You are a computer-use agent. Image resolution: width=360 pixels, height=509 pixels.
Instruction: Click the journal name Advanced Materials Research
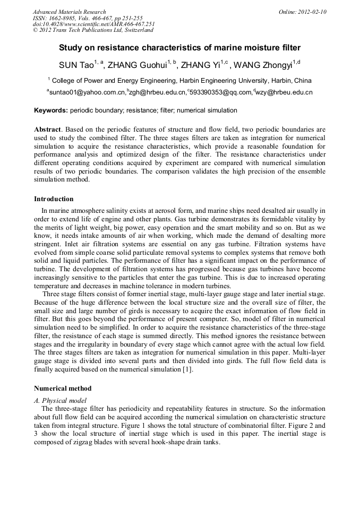point(69,12)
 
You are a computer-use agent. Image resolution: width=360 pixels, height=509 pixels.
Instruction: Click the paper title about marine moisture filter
point(179,48)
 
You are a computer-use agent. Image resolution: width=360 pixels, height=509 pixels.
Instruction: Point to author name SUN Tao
point(76,65)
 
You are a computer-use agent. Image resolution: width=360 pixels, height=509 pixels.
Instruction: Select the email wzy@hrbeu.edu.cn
point(284,92)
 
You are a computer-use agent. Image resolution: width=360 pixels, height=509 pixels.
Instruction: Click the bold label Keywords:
point(51,110)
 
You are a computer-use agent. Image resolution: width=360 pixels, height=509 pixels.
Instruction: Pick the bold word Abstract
point(48,130)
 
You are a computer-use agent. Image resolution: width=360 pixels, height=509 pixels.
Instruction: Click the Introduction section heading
point(54,199)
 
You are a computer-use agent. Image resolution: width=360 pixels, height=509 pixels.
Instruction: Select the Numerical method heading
point(63,389)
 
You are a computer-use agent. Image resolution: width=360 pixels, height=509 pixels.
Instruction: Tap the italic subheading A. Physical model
point(60,400)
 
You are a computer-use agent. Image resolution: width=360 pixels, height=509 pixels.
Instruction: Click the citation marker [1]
point(187,370)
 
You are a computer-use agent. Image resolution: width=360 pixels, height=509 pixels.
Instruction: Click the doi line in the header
point(93,24)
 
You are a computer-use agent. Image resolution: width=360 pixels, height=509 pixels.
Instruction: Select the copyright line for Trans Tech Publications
point(93,30)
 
